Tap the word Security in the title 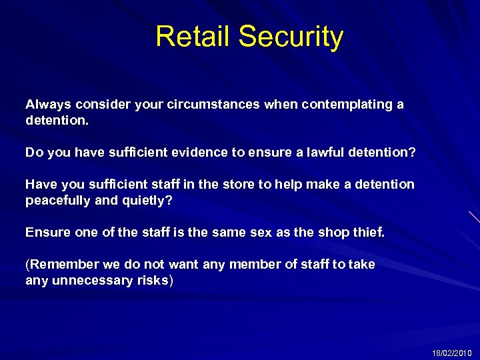pyautogui.click(x=291, y=37)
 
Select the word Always pyautogui.click(x=49, y=105)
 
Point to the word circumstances pyautogui.click(x=213, y=105)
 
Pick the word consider pyautogui.click(x=102, y=105)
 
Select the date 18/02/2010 pyautogui.click(x=451, y=353)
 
